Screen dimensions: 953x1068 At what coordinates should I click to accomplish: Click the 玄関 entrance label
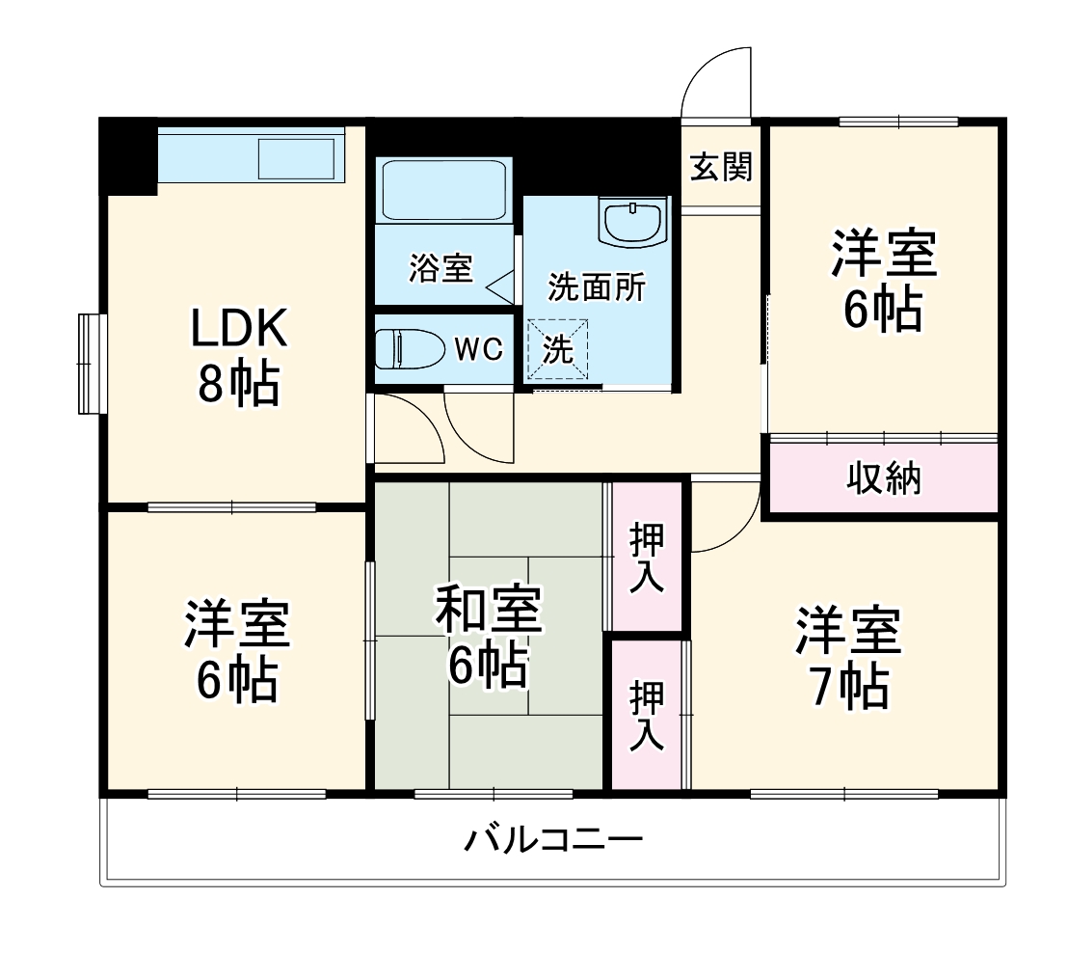(720, 169)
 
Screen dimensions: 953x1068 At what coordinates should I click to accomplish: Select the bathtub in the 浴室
(443, 190)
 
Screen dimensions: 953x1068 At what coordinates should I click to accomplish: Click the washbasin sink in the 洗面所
(632, 222)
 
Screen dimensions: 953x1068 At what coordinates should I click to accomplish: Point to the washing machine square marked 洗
(556, 349)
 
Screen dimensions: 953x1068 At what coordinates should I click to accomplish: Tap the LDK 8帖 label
(238, 357)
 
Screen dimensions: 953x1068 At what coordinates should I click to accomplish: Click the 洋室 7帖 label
(848, 658)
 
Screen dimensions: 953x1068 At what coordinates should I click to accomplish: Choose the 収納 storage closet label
(884, 477)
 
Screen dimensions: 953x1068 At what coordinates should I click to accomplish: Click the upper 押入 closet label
(647, 558)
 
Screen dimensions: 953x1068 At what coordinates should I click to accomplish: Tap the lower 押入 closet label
(647, 715)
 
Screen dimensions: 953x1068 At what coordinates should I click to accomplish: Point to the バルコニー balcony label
(553, 840)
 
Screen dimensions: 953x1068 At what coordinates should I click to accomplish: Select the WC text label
(479, 350)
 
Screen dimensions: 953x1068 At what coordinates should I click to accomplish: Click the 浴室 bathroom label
(441, 268)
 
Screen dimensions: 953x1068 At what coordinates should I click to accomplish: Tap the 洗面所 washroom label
(597, 286)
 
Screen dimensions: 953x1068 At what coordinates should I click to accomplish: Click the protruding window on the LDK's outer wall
(91, 362)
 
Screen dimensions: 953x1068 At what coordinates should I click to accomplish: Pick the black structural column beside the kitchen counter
(128, 154)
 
